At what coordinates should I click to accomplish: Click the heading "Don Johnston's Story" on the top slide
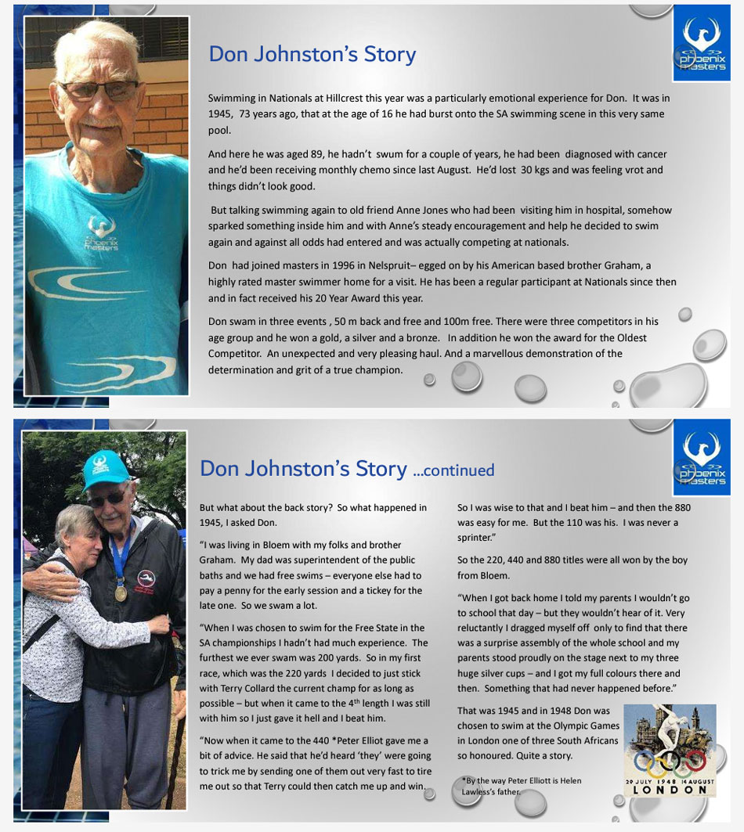[312, 54]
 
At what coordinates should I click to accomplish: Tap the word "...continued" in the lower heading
[453, 470]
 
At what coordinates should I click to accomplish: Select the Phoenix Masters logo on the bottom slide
[700, 462]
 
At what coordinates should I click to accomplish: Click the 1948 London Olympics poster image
[670, 751]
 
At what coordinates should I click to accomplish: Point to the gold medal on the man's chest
[121, 592]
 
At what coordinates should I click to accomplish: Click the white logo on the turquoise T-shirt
[102, 232]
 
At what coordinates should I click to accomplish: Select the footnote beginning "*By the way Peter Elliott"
[522, 786]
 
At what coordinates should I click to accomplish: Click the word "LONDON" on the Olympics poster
[670, 790]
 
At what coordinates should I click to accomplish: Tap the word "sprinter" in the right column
[475, 538]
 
